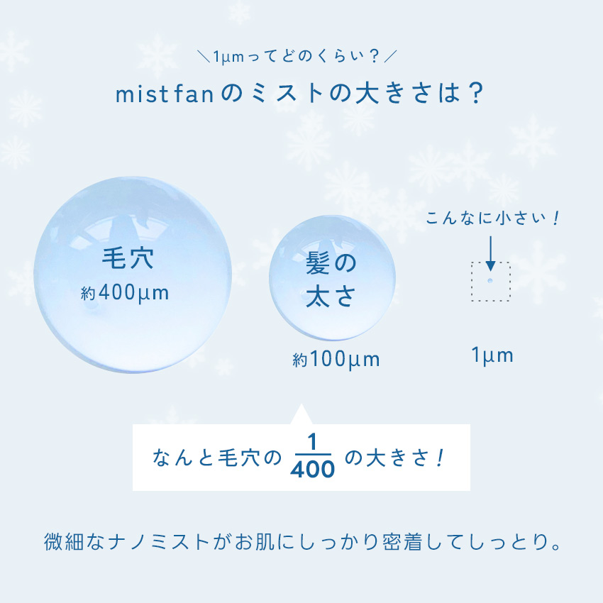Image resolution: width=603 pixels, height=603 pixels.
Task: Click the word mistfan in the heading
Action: (x=165, y=94)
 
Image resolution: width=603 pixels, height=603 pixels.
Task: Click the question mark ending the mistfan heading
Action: (x=476, y=94)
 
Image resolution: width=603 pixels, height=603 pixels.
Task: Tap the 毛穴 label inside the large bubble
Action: (x=128, y=258)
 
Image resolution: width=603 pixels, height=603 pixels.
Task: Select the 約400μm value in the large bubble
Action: (x=125, y=294)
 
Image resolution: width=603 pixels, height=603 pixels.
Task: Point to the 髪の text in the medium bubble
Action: (x=331, y=263)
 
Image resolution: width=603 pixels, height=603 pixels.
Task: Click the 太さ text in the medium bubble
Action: (x=331, y=296)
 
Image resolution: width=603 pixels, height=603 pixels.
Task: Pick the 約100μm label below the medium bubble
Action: (x=336, y=360)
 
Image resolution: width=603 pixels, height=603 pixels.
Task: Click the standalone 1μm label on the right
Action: (x=492, y=355)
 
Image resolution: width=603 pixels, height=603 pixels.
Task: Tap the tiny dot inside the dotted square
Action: (x=490, y=281)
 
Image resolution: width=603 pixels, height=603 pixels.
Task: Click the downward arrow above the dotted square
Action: (x=490, y=253)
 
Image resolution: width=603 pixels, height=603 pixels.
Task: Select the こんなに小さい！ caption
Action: (x=492, y=218)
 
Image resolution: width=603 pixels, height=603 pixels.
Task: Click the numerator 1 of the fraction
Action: (x=312, y=442)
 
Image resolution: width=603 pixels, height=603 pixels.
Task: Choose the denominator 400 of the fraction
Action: (x=312, y=469)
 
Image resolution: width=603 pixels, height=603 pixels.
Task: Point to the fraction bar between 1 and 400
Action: (x=312, y=455)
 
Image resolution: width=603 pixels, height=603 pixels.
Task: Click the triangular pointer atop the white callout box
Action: (x=301, y=414)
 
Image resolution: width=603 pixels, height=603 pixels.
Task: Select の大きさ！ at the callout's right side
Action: (x=395, y=458)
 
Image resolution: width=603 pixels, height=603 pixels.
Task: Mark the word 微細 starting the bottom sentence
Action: (x=63, y=542)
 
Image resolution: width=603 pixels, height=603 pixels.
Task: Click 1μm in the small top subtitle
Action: (x=228, y=57)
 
